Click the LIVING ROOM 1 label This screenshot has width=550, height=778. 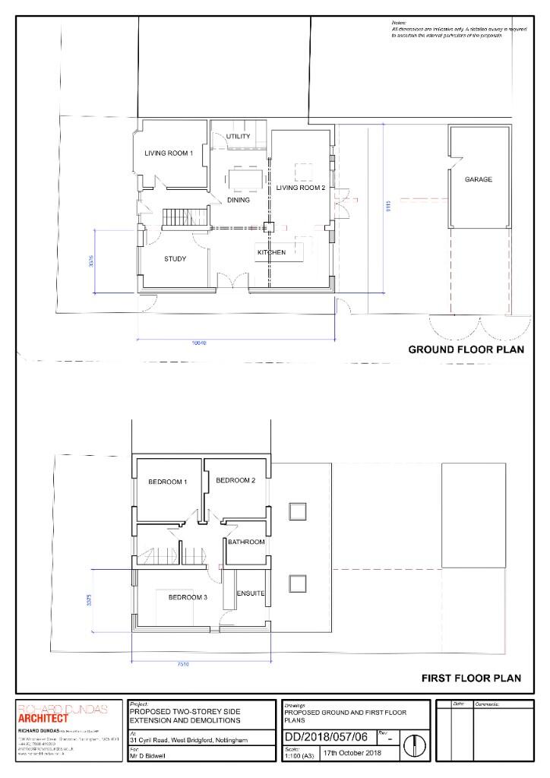pos(169,153)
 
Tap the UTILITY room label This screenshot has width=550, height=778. pos(238,137)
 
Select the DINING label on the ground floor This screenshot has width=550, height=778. pos(239,200)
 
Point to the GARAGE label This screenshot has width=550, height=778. pos(479,180)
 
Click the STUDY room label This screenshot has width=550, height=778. pos(175,259)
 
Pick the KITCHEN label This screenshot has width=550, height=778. pos(271,252)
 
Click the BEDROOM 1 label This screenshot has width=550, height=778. pos(167,482)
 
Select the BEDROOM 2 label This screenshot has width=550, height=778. pos(235,480)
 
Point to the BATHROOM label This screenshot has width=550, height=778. pos(246,542)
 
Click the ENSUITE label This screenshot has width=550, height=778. pos(250,593)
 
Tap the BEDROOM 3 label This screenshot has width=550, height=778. pos(188,598)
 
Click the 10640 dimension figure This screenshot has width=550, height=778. pos(199,343)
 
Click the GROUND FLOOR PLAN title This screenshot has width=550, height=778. pos(465,350)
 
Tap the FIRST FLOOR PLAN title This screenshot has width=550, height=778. pos(472,678)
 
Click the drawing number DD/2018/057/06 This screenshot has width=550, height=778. pos(328,738)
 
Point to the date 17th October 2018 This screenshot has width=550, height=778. pos(350,754)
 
